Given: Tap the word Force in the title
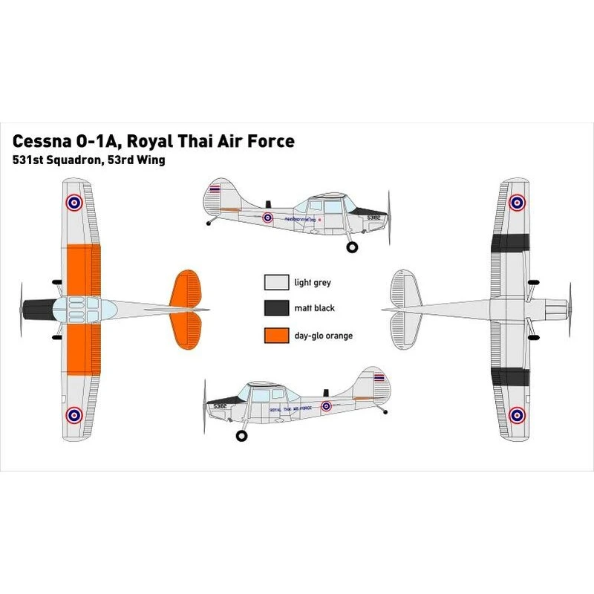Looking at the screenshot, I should coord(270,141).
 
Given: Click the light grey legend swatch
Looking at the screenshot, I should coord(275,283).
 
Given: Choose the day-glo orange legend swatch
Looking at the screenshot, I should coord(275,336).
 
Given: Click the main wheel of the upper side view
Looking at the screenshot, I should coord(353,247).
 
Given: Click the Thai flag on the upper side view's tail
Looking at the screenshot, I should coord(215,189).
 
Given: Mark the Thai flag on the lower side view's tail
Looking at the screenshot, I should coord(379,378).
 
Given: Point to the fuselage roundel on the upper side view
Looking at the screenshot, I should coord(268,218).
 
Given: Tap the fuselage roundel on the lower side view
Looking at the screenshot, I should coord(326,406).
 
